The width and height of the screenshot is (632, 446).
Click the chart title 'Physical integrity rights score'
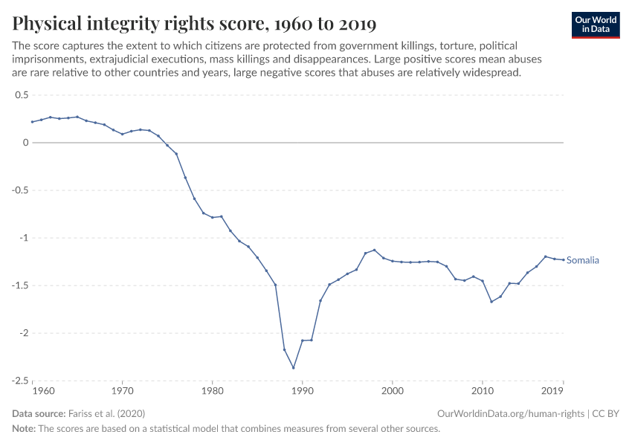(x=194, y=24)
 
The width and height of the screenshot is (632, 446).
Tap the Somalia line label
(x=582, y=261)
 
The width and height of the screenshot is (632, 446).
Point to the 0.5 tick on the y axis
(x=21, y=95)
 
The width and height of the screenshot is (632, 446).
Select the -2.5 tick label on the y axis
(x=19, y=381)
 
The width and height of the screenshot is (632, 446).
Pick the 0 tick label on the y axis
(x=25, y=143)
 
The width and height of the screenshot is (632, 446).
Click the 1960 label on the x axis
(x=43, y=390)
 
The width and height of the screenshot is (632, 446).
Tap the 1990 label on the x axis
(x=302, y=390)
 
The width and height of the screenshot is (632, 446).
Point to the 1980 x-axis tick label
(x=212, y=390)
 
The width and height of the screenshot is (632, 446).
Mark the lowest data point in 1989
(x=293, y=367)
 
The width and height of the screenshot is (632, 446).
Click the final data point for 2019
(x=563, y=259)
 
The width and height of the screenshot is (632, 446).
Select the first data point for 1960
(x=32, y=122)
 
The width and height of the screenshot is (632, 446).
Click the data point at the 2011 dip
(x=491, y=301)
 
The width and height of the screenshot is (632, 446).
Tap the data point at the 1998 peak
(x=374, y=250)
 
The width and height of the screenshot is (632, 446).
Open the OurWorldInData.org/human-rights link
(x=512, y=413)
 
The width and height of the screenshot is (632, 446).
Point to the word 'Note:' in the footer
(x=26, y=429)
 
